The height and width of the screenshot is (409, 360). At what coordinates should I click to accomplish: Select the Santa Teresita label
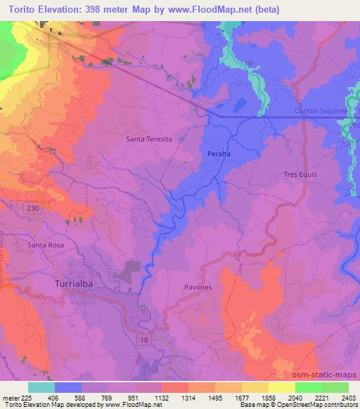tap(148, 139)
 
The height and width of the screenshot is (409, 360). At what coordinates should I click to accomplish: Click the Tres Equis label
tap(300, 174)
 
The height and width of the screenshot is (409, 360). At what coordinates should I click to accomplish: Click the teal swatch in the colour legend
tap(41, 387)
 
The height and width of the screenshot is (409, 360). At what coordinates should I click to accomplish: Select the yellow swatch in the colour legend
tap(282, 387)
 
